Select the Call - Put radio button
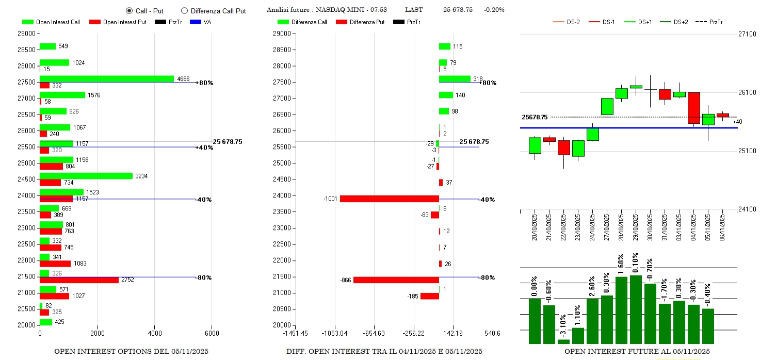pyautogui.click(x=129, y=10)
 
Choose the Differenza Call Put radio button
pyautogui.click(x=184, y=10)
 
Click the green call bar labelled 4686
pyautogui.click(x=107, y=79)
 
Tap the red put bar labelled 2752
pyautogui.click(x=79, y=280)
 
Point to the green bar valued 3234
pyautogui.click(x=86, y=176)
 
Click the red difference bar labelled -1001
pyautogui.click(x=389, y=199)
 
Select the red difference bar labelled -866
pyautogui.click(x=396, y=280)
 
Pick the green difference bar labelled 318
pyautogui.click(x=455, y=79)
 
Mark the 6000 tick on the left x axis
pyautogui.click(x=212, y=333)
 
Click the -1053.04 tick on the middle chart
pyautogui.click(x=335, y=333)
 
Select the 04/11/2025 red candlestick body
pyautogui.click(x=694, y=108)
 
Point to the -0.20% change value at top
pyautogui.click(x=494, y=10)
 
